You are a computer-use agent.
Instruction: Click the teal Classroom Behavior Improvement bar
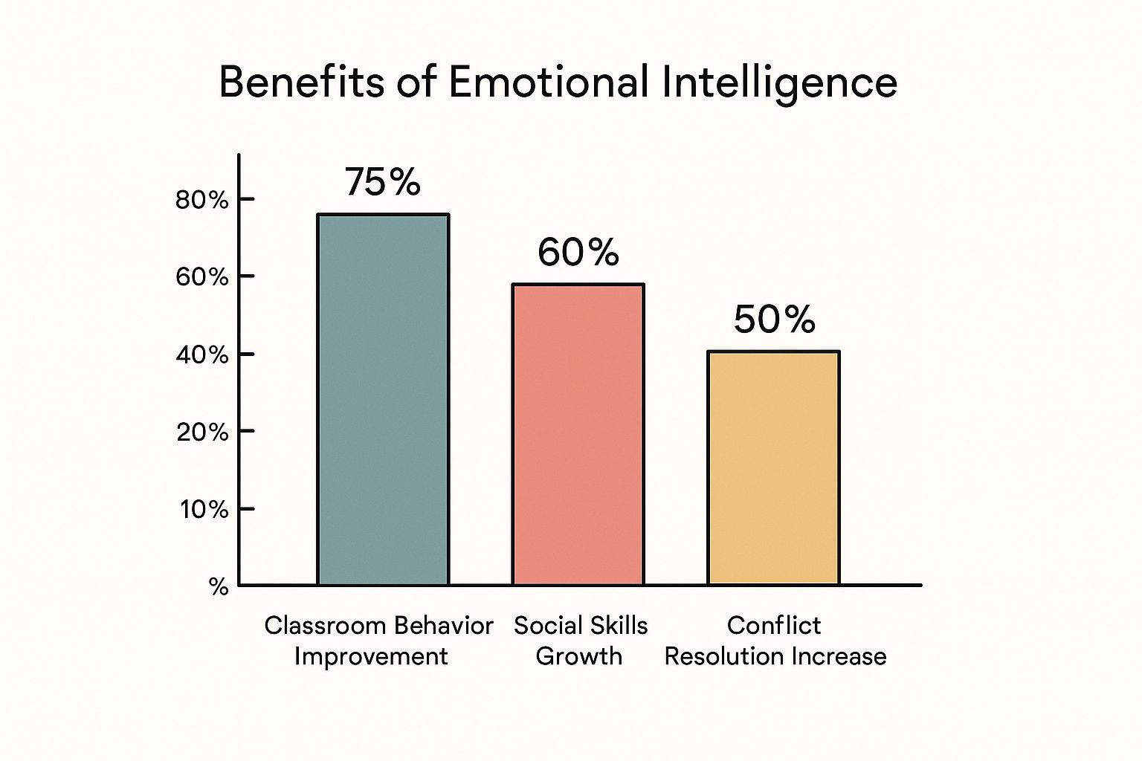(x=383, y=400)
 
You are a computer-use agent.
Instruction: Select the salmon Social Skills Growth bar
(x=578, y=434)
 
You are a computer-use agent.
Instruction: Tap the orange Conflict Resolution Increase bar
(x=773, y=468)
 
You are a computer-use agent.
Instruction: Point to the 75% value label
(x=383, y=182)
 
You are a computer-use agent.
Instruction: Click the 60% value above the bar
(x=578, y=253)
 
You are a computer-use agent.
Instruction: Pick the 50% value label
(x=774, y=320)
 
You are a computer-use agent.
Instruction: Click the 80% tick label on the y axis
(x=201, y=200)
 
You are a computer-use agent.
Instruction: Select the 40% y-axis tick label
(x=201, y=354)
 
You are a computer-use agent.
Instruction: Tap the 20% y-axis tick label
(x=201, y=432)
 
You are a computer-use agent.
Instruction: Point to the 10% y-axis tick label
(x=203, y=509)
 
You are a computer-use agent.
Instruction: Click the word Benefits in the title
(x=301, y=82)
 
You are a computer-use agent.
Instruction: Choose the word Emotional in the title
(x=549, y=82)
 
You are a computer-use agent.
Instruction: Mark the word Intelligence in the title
(x=779, y=83)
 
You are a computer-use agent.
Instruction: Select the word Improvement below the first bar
(x=371, y=657)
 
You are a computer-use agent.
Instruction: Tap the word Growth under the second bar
(x=578, y=657)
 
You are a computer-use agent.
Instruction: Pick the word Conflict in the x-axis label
(x=773, y=626)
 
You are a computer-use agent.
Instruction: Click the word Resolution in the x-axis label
(x=723, y=657)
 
